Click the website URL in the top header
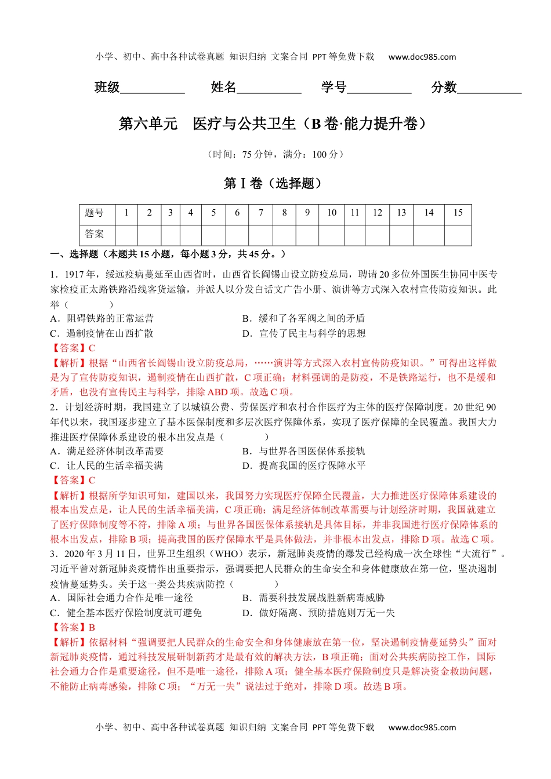tap(422, 57)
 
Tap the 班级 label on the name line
tap(107, 88)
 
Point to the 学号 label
tap(333, 88)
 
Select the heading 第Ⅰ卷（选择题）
tap(273, 183)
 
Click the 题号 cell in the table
tap(95, 213)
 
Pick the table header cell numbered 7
tap(261, 213)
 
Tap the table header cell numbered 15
tap(458, 213)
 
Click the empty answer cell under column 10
tap(331, 234)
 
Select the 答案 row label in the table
tap(95, 234)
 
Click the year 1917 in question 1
tap(74, 274)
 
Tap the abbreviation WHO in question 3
tap(227, 554)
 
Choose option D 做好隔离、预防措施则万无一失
tap(318, 613)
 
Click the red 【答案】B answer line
tap(73, 627)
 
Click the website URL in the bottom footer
tap(422, 727)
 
